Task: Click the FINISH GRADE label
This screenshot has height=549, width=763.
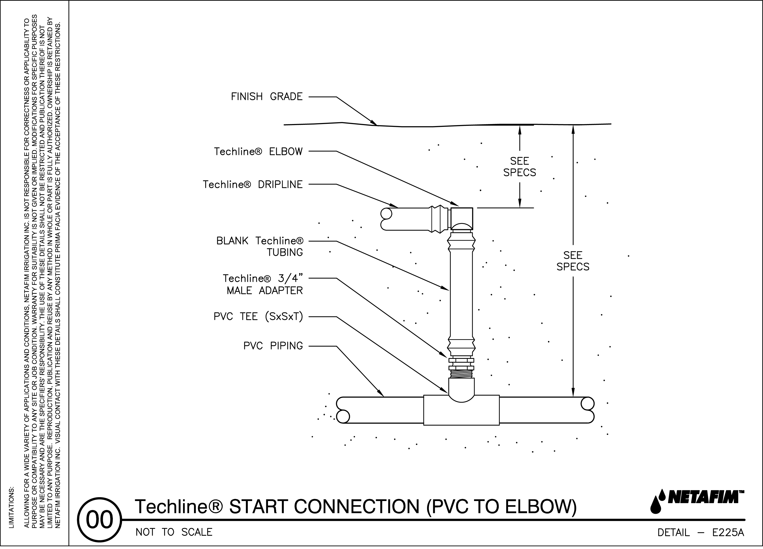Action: pos(267,97)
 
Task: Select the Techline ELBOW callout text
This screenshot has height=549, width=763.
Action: pos(258,152)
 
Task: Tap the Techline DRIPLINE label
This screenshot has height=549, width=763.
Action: pos(252,185)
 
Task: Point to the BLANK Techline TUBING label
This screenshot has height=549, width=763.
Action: pos(259,247)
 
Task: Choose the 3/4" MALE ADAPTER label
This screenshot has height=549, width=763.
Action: pos(263,285)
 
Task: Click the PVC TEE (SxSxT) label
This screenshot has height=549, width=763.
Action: pos(258,317)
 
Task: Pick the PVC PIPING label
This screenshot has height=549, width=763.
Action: pos(273,346)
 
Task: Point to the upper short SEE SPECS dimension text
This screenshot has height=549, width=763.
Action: pos(519,167)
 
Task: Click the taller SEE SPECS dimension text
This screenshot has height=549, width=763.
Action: pos(573,261)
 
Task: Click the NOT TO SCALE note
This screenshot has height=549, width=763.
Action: pos(174,532)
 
